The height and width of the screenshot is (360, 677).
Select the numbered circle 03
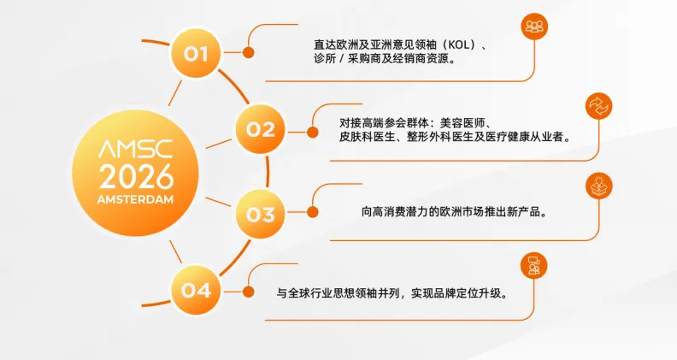260,212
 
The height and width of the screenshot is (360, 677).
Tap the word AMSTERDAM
136,199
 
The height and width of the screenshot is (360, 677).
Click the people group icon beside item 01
534,27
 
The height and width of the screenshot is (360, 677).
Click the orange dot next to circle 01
249,52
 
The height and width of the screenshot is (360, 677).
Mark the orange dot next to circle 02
312,129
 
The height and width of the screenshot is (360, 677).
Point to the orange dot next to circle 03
312,212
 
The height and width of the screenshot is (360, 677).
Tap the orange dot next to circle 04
249,291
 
